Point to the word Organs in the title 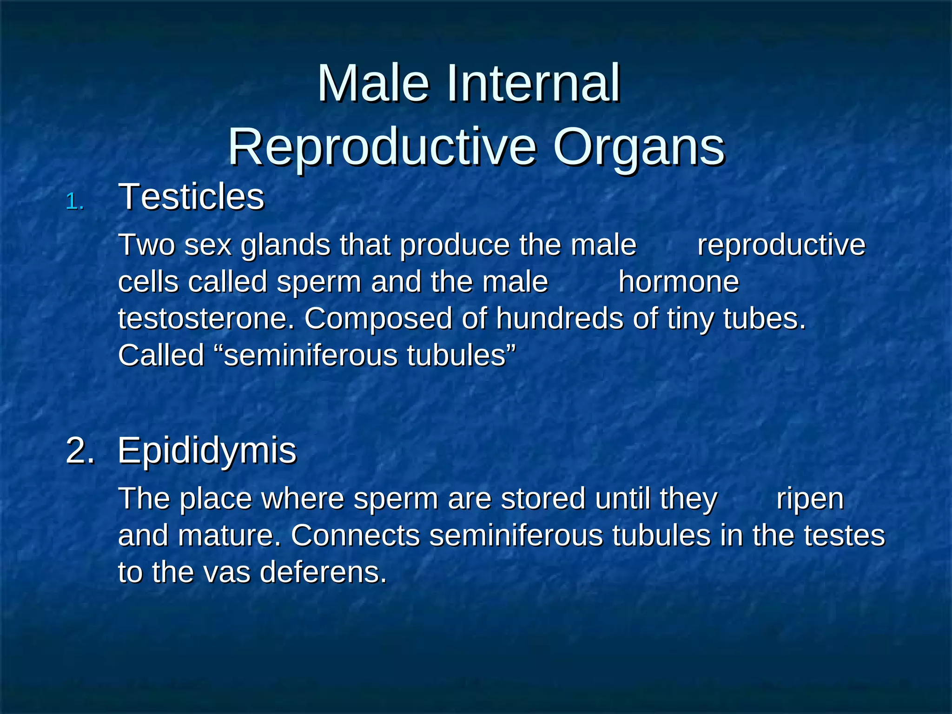pos(639,148)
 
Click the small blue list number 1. pos(74,202)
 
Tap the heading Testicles pos(192,197)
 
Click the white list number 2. pos(80,450)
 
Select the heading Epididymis pos(207,450)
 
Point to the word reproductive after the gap pos(781,245)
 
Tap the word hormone pos(679,282)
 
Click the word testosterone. pos(206,319)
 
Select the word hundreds pos(559,319)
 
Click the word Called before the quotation pos(161,356)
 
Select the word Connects pos(356,535)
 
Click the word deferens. pos(323,572)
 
